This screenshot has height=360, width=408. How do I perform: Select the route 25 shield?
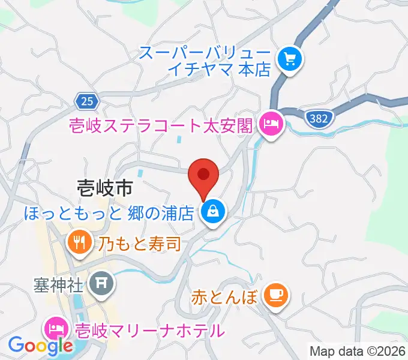88,101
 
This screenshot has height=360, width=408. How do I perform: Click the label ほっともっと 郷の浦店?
109,212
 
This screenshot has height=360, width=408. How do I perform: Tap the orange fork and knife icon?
79,242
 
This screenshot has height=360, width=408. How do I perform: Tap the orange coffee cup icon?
276,295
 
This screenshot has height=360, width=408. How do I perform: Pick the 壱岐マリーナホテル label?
149,330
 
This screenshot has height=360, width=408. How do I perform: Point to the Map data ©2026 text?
358,350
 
